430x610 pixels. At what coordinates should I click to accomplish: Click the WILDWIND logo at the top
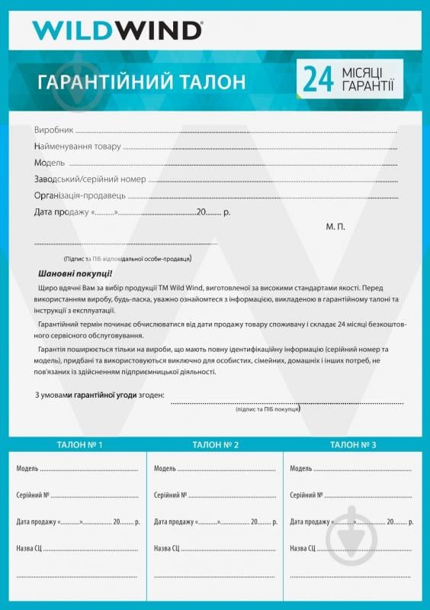117,30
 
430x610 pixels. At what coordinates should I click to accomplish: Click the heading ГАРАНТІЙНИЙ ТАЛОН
141,82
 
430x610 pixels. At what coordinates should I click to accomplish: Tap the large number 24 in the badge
319,79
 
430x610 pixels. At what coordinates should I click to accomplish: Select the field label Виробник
53,131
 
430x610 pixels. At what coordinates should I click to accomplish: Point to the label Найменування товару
77,147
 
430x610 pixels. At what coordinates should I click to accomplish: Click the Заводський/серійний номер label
89,179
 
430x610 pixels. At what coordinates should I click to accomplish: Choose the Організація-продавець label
79,195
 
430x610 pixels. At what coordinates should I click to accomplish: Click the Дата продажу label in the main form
62,211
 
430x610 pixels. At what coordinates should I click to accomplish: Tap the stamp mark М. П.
335,227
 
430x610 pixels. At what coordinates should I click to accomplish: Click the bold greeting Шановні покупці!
75,273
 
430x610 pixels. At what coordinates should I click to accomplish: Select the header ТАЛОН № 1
79,444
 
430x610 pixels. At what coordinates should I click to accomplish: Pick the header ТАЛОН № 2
216,444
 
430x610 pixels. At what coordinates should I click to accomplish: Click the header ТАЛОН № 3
353,444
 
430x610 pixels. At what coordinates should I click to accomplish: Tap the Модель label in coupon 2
165,469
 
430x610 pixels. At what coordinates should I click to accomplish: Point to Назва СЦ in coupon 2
167,548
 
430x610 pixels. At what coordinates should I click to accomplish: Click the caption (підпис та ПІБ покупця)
268,409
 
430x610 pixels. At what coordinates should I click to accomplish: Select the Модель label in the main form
50,163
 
